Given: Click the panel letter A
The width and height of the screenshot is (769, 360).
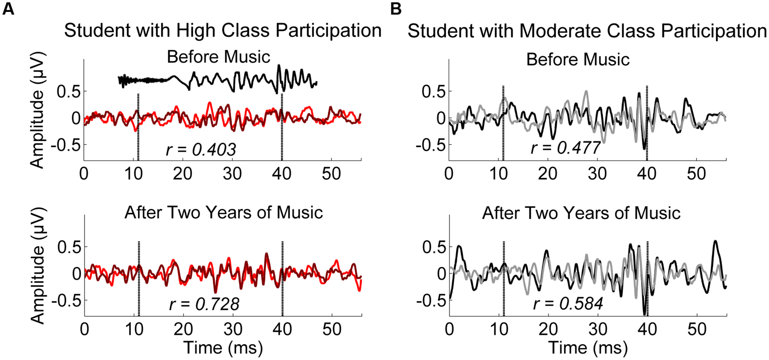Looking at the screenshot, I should (x=8, y=9).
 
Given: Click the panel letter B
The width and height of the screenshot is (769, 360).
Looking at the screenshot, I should (x=396, y=9).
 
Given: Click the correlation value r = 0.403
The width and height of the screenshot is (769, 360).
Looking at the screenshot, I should (x=201, y=150).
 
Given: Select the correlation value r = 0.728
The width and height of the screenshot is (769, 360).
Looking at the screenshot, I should (x=204, y=304).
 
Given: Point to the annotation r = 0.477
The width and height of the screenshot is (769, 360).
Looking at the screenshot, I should (x=565, y=148).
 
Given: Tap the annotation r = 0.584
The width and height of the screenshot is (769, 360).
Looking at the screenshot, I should (x=568, y=304).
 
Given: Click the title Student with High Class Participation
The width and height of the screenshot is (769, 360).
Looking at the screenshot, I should (x=223, y=31).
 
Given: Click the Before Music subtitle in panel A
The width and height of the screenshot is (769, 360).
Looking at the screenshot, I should (x=218, y=57).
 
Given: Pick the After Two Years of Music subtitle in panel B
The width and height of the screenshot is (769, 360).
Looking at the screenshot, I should (x=581, y=213).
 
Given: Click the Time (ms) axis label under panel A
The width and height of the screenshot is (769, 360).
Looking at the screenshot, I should (x=223, y=348).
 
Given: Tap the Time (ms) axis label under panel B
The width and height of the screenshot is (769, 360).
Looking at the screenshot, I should (x=588, y=348).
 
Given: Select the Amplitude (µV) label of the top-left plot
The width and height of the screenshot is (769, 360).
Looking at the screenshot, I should (x=38, y=110).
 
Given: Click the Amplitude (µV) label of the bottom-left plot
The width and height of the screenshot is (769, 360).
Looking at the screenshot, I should (x=38, y=266).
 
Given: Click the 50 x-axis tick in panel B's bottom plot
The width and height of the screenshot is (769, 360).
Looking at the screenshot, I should (x=697, y=329).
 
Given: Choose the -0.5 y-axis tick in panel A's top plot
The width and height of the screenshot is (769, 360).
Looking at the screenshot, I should (x=66, y=145).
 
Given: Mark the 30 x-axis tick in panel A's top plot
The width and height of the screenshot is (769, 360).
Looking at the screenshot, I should (x=232, y=174).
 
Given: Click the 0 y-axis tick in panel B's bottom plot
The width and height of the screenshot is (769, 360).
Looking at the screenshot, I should (x=442, y=274).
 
